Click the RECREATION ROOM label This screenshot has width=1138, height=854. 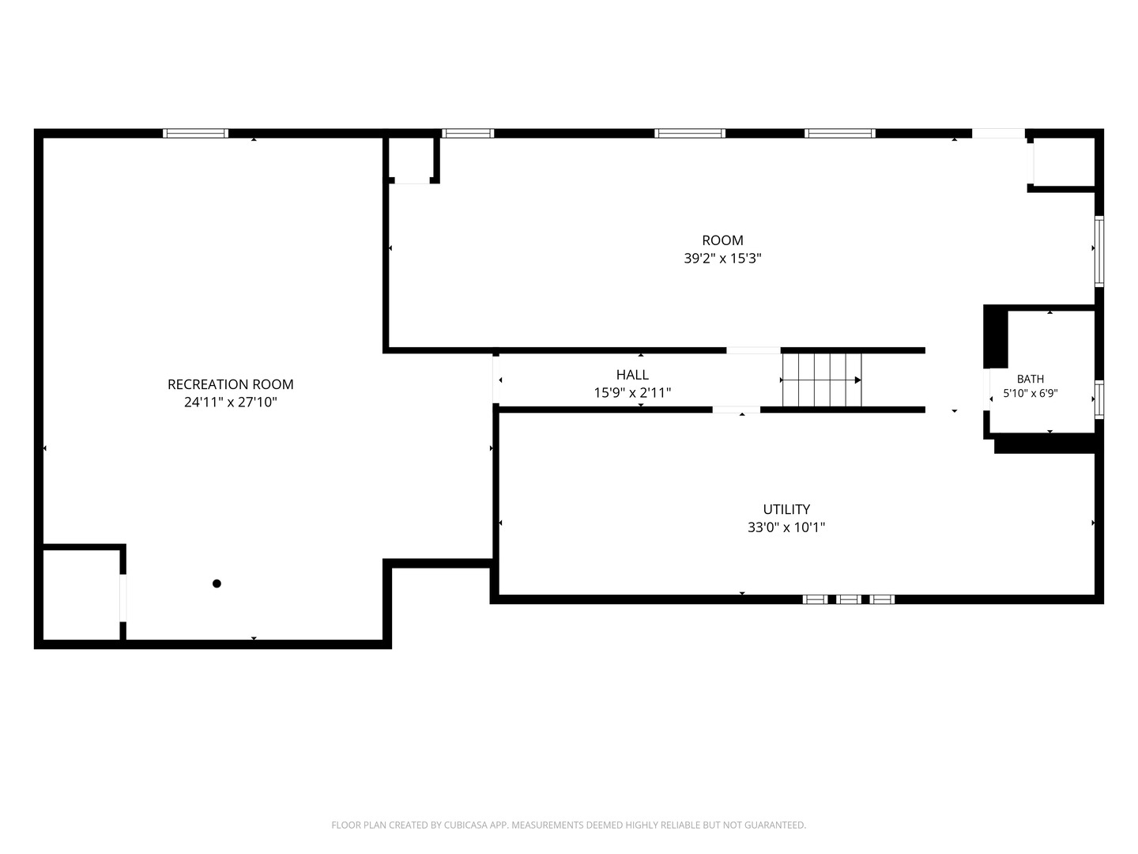point(230,384)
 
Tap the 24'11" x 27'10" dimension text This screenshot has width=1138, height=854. point(231,402)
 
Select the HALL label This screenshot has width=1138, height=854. point(632,374)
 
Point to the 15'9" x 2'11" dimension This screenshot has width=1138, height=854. point(632,392)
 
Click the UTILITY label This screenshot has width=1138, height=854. point(786,509)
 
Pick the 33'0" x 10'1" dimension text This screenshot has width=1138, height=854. point(786,527)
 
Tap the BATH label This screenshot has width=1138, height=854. point(1031,379)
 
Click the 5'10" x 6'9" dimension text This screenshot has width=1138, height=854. point(1031,393)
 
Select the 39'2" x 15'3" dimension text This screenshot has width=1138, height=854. point(722,259)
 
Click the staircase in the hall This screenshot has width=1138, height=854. point(822,380)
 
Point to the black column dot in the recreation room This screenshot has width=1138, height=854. point(217,584)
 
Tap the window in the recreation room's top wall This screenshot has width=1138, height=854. point(195,134)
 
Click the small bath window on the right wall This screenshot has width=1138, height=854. point(1098,399)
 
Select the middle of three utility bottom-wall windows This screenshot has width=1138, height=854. point(848,599)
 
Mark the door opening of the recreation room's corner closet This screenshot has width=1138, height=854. point(122,597)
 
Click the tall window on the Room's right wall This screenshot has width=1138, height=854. point(1098,251)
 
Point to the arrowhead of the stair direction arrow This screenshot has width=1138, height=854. point(858,380)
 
